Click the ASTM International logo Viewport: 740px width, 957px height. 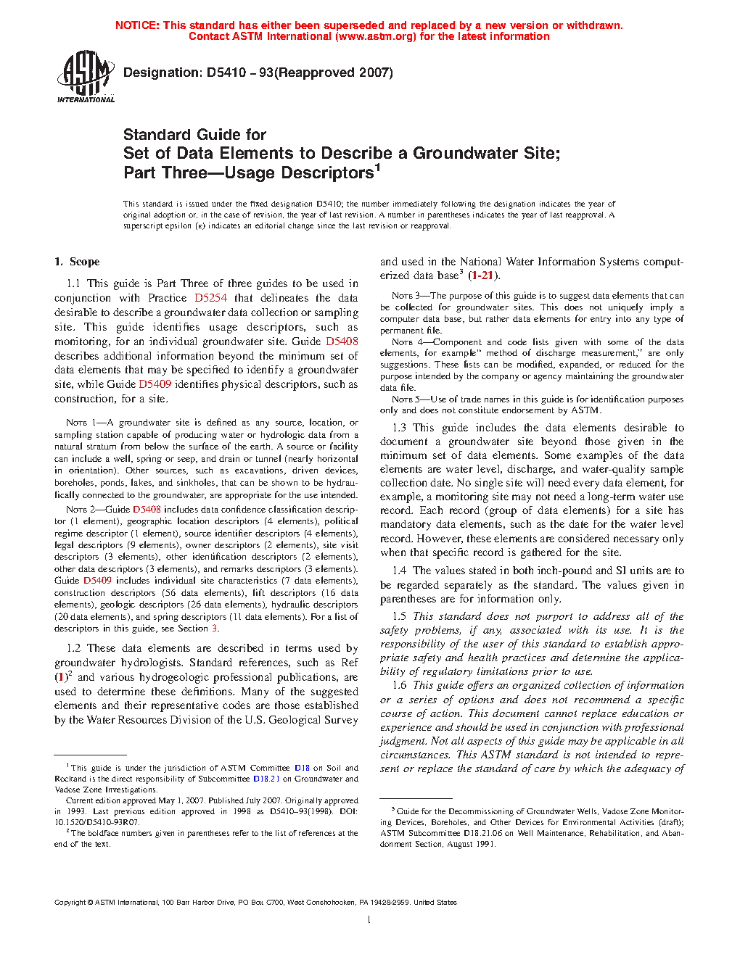[86, 76]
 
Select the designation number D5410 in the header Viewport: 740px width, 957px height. [226, 72]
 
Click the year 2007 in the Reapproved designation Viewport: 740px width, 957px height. [374, 72]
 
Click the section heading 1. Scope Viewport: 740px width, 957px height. [77, 262]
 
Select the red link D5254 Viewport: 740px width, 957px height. [210, 298]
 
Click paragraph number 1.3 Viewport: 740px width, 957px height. [399, 428]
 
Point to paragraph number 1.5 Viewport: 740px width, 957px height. [399, 616]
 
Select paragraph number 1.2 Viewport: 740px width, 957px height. [73, 648]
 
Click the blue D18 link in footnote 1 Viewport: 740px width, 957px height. [302, 768]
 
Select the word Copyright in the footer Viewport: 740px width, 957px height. [70, 903]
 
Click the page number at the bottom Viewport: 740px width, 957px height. [369, 920]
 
